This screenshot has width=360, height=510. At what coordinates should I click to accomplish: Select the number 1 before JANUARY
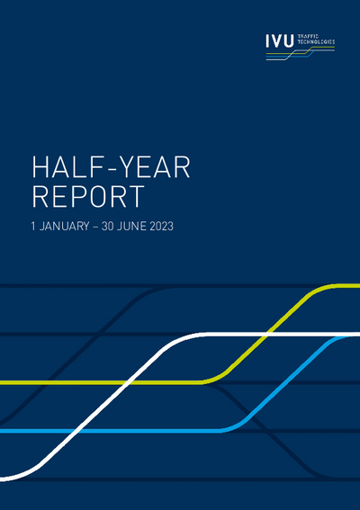point(34,228)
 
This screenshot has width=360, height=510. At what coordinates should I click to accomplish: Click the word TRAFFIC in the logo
point(308,37)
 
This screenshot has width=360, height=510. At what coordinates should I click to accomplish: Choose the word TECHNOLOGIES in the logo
point(315,43)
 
